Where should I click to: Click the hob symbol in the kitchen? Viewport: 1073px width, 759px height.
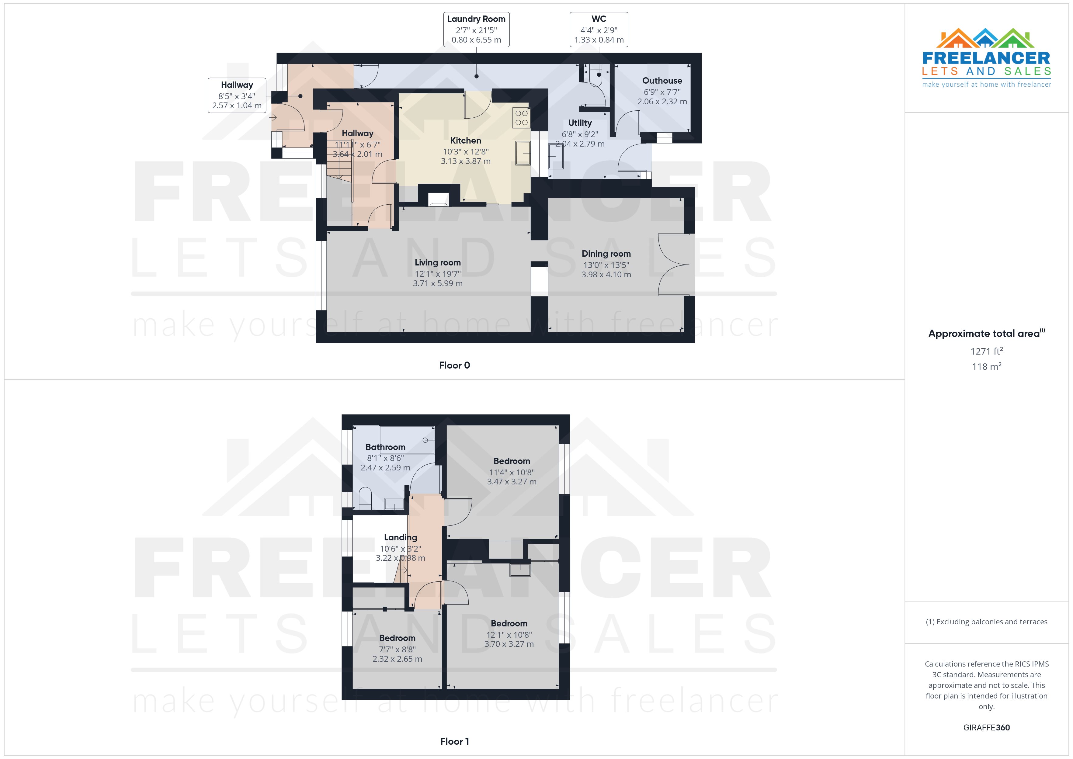tap(521, 118)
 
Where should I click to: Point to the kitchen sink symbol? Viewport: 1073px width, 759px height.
tap(523, 153)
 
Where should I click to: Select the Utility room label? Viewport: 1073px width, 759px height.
tap(579, 123)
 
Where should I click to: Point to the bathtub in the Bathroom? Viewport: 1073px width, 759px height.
tap(407, 439)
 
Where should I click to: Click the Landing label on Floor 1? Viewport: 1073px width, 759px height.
tap(400, 537)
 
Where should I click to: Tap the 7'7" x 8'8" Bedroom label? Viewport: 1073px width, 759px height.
tap(397, 638)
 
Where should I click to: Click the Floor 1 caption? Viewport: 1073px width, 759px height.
tap(454, 741)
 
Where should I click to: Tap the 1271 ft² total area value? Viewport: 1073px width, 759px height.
tap(986, 351)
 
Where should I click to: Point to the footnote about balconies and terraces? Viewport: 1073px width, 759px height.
tap(986, 622)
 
